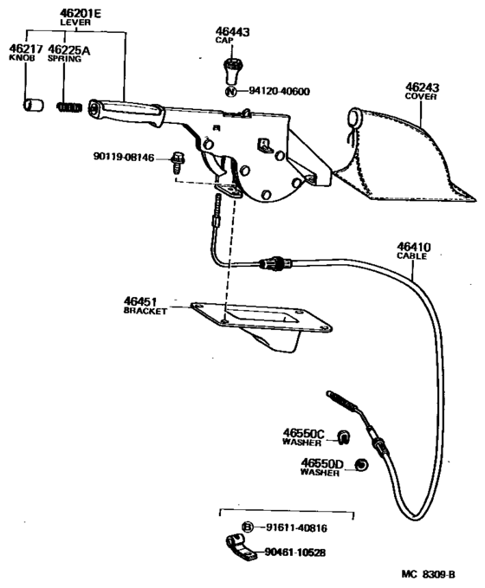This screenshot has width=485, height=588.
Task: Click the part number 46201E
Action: coord(81,13)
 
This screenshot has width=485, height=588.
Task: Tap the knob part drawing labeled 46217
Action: coord(33,106)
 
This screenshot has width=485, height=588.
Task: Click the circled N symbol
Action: coord(230,91)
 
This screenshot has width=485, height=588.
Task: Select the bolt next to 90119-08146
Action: coord(178,158)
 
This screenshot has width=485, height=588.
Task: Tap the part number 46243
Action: coord(424,87)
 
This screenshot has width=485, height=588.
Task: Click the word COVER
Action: coord(424,97)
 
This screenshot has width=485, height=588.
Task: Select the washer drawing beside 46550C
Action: coord(342,435)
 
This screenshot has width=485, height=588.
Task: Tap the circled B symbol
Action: coord(247,527)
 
